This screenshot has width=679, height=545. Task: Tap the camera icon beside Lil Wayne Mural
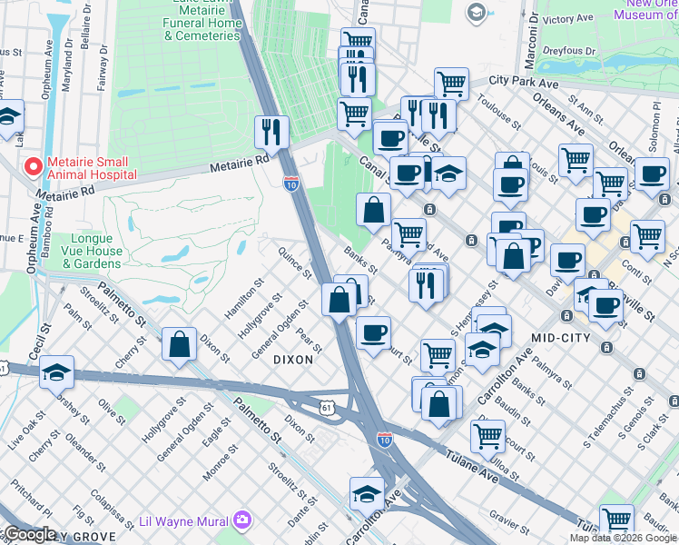click(243, 520)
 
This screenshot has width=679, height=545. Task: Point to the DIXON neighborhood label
click(293, 360)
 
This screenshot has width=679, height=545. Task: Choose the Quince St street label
click(295, 263)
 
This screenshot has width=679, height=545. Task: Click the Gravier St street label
click(509, 522)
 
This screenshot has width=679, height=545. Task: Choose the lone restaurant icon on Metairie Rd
click(271, 132)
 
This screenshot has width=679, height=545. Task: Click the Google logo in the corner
click(29, 534)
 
